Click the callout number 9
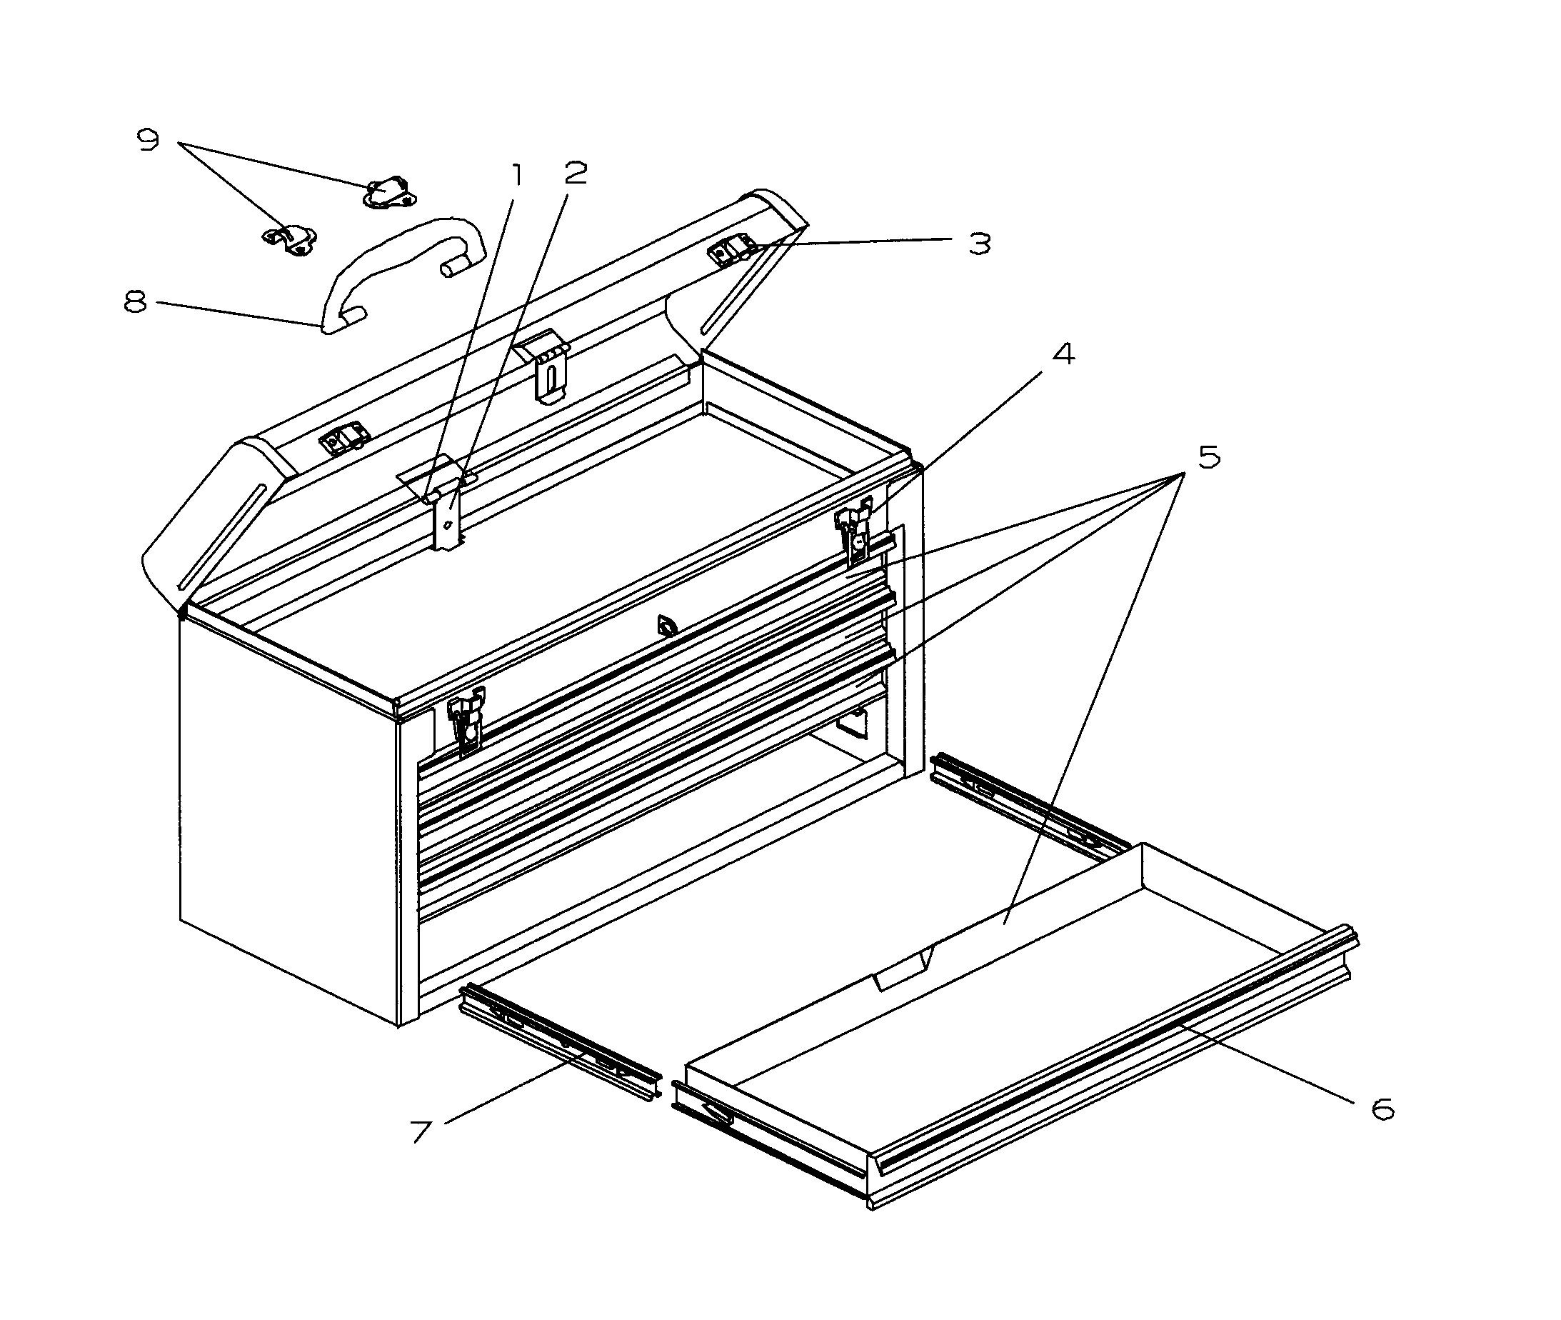149,139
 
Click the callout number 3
979,243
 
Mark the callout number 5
1209,456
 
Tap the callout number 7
422,1131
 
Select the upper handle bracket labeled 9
389,193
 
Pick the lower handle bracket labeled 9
290,239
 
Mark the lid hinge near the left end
345,440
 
